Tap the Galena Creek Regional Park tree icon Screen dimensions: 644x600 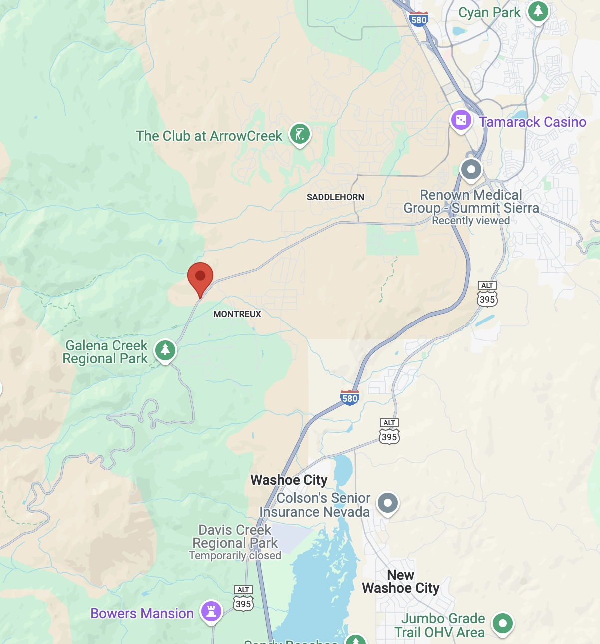tap(165, 350)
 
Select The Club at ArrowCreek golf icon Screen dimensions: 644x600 tap(300, 134)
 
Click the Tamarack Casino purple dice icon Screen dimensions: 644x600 tap(461, 121)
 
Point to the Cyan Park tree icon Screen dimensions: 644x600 tap(538, 11)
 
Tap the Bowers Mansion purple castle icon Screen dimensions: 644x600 tap(211, 611)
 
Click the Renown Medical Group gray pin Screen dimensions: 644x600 tap(471, 169)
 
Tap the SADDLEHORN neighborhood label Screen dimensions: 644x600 tap(335, 197)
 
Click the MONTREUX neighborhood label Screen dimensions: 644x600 tap(237, 314)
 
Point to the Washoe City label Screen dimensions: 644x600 tap(289, 480)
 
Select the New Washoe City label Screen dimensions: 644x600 tap(401, 582)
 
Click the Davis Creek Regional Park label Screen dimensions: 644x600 tap(235, 536)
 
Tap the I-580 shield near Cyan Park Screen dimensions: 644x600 tap(418, 19)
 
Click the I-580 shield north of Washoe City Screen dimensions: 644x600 tap(350, 398)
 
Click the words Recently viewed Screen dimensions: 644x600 tap(471, 221)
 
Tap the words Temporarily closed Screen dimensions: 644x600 tap(235, 556)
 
